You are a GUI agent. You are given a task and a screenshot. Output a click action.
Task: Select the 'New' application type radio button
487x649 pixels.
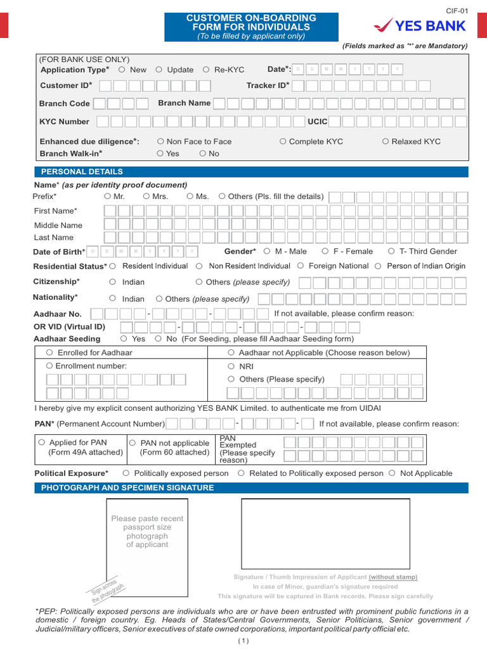pyautogui.click(x=122, y=70)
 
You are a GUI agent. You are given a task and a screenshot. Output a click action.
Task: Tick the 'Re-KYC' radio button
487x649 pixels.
pyautogui.click(x=206, y=70)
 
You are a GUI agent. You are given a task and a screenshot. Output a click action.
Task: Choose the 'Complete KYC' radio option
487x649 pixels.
pyautogui.click(x=283, y=141)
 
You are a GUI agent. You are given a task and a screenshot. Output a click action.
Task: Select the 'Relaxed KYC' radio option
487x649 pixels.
pyautogui.click(x=386, y=141)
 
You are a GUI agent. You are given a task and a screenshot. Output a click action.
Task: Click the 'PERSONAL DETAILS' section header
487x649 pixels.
pyautogui.click(x=82, y=172)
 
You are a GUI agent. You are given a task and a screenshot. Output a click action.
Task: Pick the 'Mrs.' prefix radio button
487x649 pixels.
pyautogui.click(x=146, y=196)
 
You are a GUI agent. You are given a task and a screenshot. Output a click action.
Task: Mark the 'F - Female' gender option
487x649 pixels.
pyautogui.click(x=325, y=251)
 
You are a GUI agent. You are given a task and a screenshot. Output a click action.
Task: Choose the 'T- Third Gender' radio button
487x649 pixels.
pyautogui.click(x=391, y=251)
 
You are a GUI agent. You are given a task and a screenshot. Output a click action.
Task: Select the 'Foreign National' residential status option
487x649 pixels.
pyautogui.click(x=301, y=266)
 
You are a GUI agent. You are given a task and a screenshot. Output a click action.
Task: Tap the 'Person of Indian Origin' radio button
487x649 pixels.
pyautogui.click(x=379, y=266)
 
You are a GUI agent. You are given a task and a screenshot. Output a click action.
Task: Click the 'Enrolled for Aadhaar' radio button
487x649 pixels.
pyautogui.click(x=49, y=352)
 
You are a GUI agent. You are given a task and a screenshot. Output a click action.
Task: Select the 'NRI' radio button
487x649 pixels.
pyautogui.click(x=231, y=366)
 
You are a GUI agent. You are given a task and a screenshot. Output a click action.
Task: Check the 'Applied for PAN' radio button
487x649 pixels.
pyautogui.click(x=42, y=442)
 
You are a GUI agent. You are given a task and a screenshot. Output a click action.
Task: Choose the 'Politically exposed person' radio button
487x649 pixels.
pyautogui.click(x=126, y=473)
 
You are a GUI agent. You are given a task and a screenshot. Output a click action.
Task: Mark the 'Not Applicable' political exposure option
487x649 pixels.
pyautogui.click(x=392, y=473)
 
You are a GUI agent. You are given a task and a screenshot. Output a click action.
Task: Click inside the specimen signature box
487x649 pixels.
pyautogui.click(x=325, y=533)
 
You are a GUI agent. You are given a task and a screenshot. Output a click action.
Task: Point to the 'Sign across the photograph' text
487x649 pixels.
pyautogui.click(x=107, y=591)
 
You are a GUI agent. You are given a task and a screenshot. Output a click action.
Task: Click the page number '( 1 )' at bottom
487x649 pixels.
pyautogui.click(x=244, y=640)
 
